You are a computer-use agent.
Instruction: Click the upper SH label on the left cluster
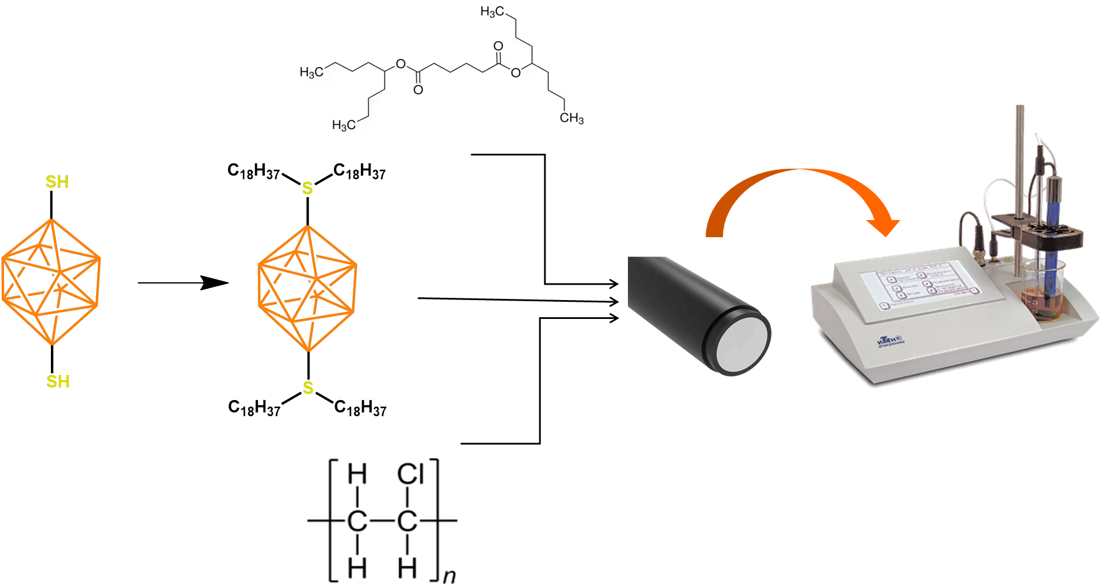click(x=57, y=182)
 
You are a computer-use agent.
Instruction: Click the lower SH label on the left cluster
click(x=58, y=381)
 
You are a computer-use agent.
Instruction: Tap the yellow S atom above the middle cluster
click(x=308, y=188)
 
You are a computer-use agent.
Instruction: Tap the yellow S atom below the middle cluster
click(x=308, y=388)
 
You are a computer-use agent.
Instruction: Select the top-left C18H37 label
click(x=253, y=171)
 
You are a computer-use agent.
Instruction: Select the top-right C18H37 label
click(x=360, y=171)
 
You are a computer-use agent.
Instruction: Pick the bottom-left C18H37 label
click(x=254, y=408)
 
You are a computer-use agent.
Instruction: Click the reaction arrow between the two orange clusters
click(x=183, y=282)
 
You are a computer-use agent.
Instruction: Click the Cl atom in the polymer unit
click(x=410, y=474)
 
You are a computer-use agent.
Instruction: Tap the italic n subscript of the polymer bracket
click(x=449, y=576)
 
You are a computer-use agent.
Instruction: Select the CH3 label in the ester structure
click(x=571, y=118)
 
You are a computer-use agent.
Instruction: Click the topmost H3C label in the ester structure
click(x=492, y=11)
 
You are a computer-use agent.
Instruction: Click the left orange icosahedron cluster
click(x=51, y=282)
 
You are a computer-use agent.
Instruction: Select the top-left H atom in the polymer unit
click(x=357, y=474)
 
